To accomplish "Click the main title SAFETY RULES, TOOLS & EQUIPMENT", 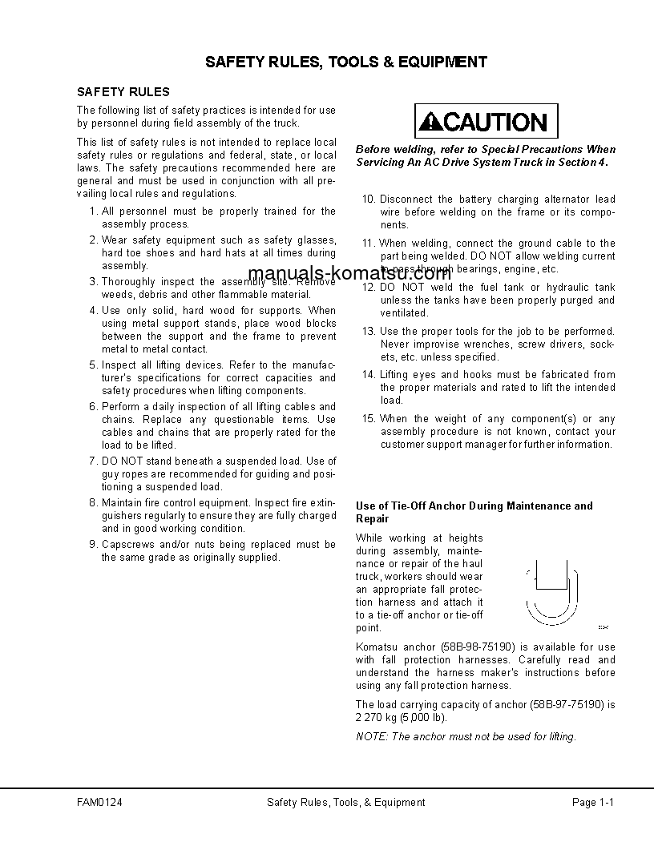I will coord(345,62).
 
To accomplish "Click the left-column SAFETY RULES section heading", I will coord(123,92).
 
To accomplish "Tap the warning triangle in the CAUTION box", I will coord(432,123).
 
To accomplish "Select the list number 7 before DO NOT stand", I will coord(93,461).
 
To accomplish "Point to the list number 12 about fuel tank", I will coord(369,288).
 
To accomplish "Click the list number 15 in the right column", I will coord(369,419).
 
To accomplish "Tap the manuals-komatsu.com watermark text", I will coord(349,273).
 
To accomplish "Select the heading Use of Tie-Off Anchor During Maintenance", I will coord(474,512).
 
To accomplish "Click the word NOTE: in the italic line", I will coord(371,737).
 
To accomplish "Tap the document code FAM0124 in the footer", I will coord(99,802).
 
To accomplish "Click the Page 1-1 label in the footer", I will coord(592,802).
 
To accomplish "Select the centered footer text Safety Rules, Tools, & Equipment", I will coord(345,802).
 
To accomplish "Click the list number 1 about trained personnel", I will coord(93,211).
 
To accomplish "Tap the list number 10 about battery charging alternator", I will coord(369,199).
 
